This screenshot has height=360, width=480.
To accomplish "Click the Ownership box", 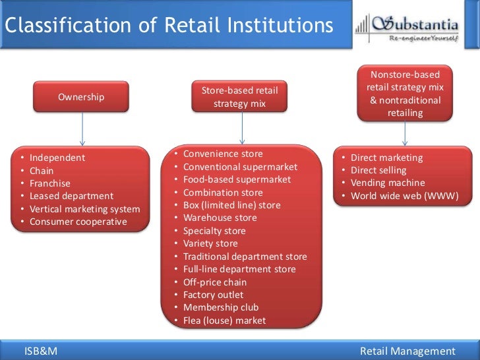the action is pyautogui.click(x=81, y=97).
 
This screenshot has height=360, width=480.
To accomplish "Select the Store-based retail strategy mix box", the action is pyautogui.click(x=240, y=97).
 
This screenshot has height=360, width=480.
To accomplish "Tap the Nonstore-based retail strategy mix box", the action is pyautogui.click(x=405, y=94).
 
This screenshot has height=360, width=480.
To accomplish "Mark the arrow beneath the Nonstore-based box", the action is pyautogui.click(x=405, y=133).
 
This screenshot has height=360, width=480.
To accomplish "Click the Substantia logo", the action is pyautogui.click(x=407, y=28).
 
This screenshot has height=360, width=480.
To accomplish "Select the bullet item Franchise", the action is pyautogui.click(x=50, y=183).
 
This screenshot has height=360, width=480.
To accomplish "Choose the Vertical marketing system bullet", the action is pyautogui.click(x=85, y=209).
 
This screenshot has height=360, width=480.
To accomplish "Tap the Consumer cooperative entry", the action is pyautogui.click(x=78, y=222).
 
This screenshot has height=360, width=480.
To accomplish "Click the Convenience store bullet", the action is pyautogui.click(x=223, y=154).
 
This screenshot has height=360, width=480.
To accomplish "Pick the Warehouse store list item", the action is pyautogui.click(x=220, y=218).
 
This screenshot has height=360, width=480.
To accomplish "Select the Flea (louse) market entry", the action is pyautogui.click(x=225, y=320).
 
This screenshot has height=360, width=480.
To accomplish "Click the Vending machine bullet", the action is pyautogui.click(x=388, y=183).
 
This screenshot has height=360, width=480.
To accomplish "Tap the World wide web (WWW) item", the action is pyautogui.click(x=404, y=196).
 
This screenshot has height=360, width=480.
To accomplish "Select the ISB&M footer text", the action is pyautogui.click(x=41, y=351).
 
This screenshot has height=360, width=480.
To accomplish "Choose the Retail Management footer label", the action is pyautogui.click(x=408, y=351).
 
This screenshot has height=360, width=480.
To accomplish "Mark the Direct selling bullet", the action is pyautogui.click(x=378, y=171).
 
